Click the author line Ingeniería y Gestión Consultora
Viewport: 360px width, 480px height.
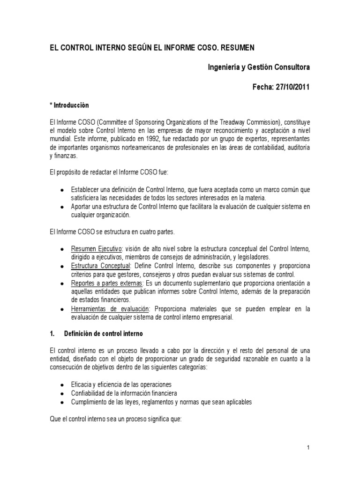[259, 67]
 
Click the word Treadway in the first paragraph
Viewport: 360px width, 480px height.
[246, 122]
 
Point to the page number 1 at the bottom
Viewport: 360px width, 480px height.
[308, 449]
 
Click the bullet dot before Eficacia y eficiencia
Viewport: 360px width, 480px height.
[62, 384]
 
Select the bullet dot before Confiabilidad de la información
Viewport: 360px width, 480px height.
[62, 393]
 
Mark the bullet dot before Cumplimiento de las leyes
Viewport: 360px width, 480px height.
[62, 402]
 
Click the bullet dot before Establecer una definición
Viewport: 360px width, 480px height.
[62, 189]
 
